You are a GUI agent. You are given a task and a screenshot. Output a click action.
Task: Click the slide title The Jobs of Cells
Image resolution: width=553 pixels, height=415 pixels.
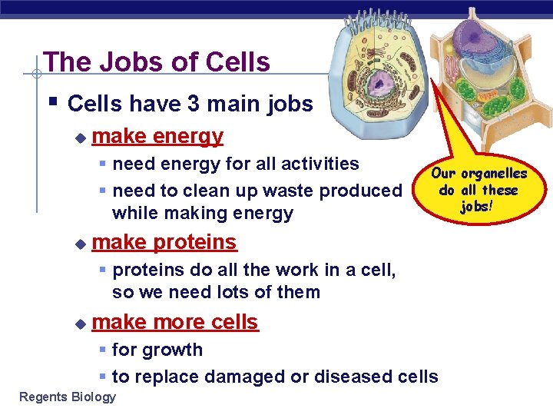click(157, 61)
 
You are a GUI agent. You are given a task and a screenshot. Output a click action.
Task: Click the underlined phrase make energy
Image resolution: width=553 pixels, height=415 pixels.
click(157, 137)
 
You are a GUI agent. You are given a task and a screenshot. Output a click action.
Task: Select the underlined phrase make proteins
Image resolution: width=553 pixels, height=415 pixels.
click(164, 242)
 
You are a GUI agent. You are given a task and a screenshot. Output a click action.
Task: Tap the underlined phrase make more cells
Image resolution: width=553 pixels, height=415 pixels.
click(175, 322)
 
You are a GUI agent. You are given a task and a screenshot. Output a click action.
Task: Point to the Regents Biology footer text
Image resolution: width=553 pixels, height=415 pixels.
click(68, 397)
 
